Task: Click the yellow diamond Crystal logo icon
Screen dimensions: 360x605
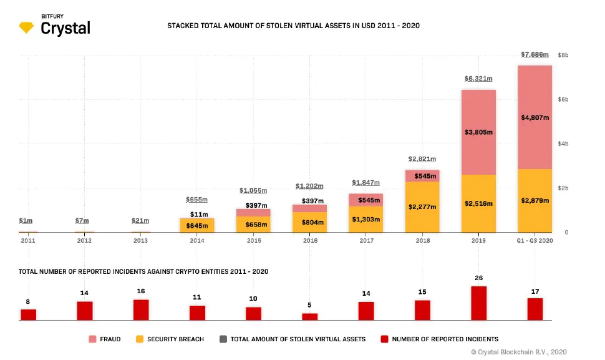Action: click(27, 27)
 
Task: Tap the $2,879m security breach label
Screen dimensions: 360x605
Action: click(535, 200)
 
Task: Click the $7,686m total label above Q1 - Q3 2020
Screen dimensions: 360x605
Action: click(535, 55)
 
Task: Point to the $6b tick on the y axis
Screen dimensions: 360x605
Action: click(563, 100)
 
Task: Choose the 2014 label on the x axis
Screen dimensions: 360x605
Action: click(196, 240)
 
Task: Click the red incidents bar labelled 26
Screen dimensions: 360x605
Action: click(478, 303)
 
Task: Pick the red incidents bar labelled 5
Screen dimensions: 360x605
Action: click(310, 316)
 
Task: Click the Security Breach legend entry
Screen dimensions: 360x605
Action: click(170, 339)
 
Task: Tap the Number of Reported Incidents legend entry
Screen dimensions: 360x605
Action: click(440, 339)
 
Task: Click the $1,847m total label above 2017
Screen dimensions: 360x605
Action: click(366, 182)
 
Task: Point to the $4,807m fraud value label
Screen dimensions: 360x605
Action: click(535, 117)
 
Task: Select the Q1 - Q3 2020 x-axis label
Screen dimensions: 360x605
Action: click(535, 240)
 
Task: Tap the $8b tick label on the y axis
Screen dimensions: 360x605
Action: click(563, 55)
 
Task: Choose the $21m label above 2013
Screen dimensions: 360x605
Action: click(140, 220)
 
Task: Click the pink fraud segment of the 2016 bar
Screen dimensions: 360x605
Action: click(310, 208)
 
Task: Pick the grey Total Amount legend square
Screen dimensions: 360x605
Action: click(223, 339)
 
